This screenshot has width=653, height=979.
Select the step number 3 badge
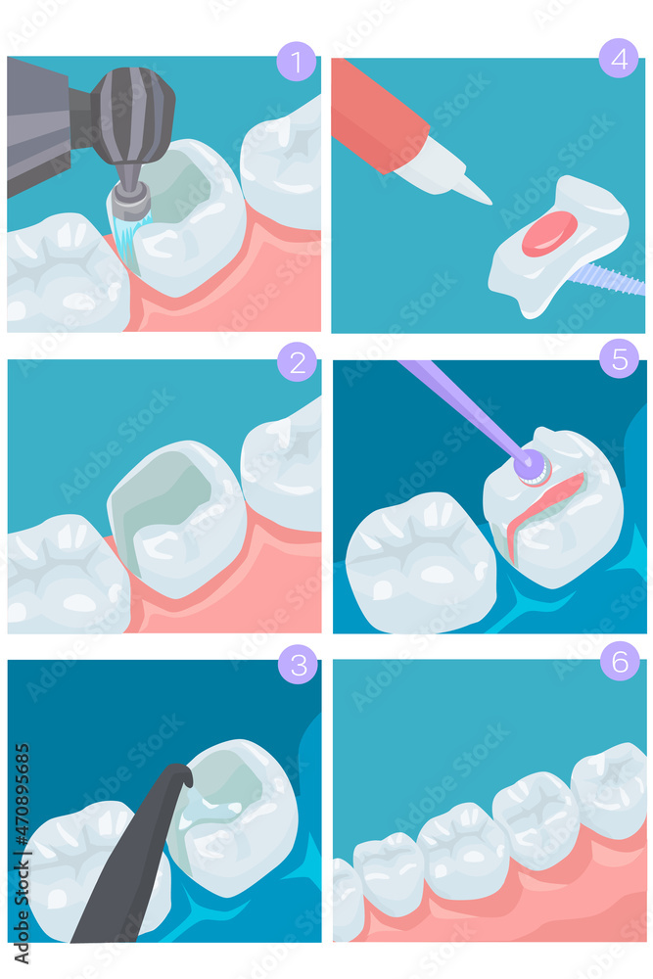click(x=298, y=665)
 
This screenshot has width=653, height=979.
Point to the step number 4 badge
click(x=619, y=58)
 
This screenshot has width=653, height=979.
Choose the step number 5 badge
click(x=619, y=357)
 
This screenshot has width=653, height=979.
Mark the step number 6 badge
click(x=620, y=661)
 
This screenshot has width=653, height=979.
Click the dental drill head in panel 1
click(x=132, y=113)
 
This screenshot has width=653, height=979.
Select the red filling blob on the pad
click(x=549, y=234)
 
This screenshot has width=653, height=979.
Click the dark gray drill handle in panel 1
click(x=39, y=122)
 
